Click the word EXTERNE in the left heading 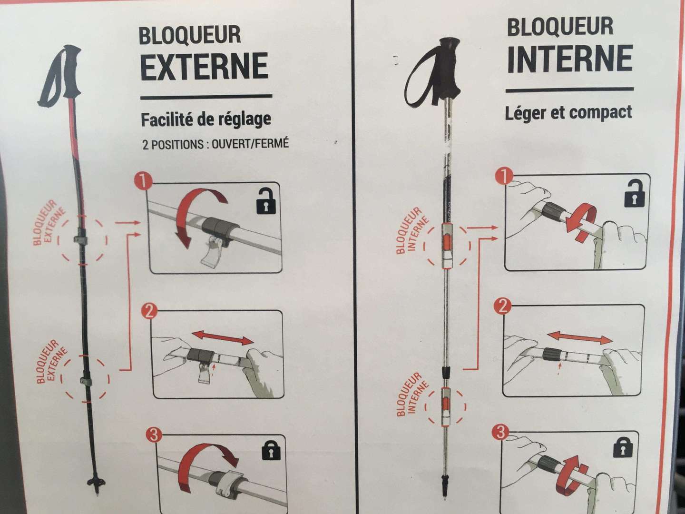[205, 66]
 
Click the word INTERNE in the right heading [570, 58]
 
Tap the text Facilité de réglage [206, 119]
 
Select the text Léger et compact [568, 112]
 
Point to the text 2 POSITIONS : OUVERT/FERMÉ [215, 144]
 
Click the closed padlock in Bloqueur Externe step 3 [271, 450]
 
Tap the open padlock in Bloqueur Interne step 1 [634, 194]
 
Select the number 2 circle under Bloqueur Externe [149, 311]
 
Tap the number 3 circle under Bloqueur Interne [500, 433]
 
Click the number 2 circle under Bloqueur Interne [502, 307]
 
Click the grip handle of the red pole [71, 70]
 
